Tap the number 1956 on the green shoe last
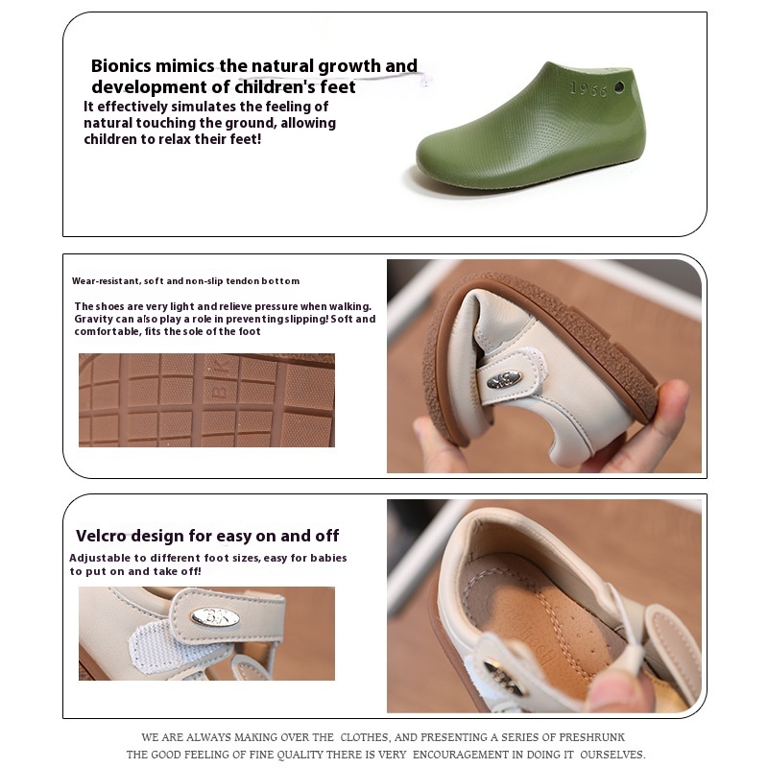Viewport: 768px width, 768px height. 588,88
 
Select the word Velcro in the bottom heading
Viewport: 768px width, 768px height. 105,536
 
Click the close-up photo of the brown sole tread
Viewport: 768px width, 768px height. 206,400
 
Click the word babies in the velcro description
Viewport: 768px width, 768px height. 327,558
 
